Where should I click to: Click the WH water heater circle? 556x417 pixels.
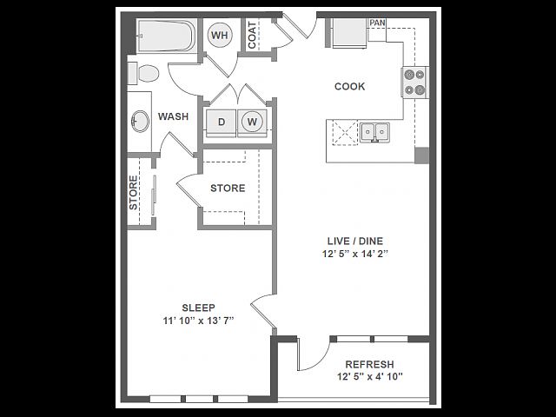click(x=220, y=35)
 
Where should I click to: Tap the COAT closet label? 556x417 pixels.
click(x=252, y=35)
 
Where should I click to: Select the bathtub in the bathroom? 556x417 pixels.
click(x=166, y=36)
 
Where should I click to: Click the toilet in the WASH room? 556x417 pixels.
click(x=143, y=73)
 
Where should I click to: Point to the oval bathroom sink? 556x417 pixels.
click(x=141, y=122)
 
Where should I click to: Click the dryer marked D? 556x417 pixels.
click(x=222, y=122)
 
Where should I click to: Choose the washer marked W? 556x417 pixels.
click(x=252, y=122)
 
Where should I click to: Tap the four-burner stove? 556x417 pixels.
click(x=415, y=83)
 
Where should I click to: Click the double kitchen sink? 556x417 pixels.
click(x=374, y=133)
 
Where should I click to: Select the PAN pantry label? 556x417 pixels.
click(x=377, y=23)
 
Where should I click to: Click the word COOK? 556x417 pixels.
click(x=349, y=87)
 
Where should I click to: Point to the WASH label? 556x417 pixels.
click(x=173, y=116)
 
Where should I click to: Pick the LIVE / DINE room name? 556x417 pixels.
click(x=355, y=242)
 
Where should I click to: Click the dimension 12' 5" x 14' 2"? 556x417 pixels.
click(x=355, y=254)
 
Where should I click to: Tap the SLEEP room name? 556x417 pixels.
click(x=198, y=308)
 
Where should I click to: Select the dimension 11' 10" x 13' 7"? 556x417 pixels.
click(x=198, y=321)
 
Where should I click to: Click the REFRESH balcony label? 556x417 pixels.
click(x=369, y=365)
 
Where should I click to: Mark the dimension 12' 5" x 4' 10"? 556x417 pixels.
click(x=370, y=376)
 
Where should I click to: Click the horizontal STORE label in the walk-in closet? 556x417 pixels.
click(x=228, y=188)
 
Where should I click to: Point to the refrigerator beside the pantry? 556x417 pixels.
click(x=349, y=33)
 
